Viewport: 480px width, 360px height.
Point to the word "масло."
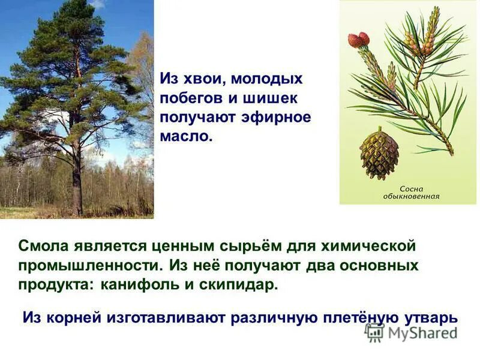tap(187, 136)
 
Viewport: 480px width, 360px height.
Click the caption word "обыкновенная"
tap(412, 196)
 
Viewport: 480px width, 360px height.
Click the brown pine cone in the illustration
tap(379, 155)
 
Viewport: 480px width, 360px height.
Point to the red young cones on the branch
tap(359, 40)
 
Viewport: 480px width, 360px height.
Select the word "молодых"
tap(267, 79)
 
